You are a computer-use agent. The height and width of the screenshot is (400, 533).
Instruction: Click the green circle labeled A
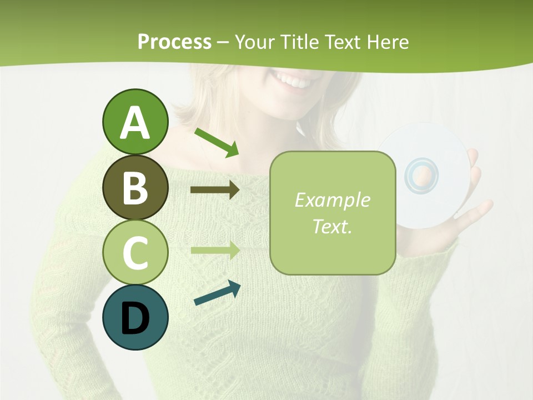pos(135,122)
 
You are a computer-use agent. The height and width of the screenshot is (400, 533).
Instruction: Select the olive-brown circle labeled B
pos(135,188)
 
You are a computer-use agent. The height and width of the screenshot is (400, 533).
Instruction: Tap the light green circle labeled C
pos(135,253)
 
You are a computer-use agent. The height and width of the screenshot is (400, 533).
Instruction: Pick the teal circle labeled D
pos(135,318)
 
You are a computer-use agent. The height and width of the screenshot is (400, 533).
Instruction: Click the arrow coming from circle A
pos(217,142)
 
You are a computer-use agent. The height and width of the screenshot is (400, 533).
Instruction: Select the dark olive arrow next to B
pos(215,190)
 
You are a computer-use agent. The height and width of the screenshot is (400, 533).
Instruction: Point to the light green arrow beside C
pos(215,250)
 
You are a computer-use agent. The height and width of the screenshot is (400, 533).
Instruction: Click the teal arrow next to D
pos(217,293)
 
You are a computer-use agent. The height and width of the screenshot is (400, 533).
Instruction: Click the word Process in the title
pos(174,42)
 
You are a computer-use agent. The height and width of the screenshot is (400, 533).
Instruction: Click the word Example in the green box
pos(332,200)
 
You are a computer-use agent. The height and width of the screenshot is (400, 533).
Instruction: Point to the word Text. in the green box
pos(332,226)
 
